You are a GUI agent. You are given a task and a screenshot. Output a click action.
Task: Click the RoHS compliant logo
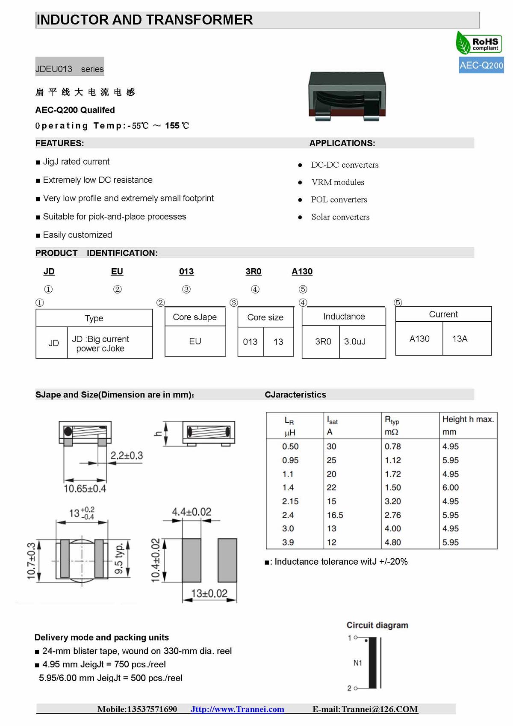point(479,43)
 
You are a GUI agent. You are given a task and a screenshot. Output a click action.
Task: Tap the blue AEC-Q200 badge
point(481,65)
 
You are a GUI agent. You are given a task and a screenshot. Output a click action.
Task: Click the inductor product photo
point(347,95)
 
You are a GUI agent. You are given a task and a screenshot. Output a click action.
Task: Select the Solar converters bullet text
point(340,217)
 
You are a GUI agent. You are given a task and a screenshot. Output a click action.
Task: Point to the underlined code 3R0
point(254,271)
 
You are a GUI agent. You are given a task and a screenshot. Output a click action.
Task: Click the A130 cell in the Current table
point(419,339)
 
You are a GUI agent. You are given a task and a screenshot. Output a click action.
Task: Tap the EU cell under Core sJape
point(195,341)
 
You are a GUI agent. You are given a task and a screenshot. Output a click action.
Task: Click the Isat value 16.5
point(335,515)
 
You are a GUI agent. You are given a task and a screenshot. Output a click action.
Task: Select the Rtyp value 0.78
point(392,446)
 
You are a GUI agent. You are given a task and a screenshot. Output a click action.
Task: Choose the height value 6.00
point(451,487)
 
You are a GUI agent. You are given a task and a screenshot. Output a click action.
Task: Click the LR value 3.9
point(288,542)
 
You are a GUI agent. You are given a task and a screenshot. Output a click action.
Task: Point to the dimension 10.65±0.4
point(85,489)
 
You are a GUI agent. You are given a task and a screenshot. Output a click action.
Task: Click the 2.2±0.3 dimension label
point(127,456)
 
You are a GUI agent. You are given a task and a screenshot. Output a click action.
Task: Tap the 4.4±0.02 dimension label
point(192,512)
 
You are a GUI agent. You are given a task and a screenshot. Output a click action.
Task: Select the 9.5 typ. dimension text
point(119,558)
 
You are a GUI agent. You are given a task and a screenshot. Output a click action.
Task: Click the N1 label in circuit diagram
point(358,663)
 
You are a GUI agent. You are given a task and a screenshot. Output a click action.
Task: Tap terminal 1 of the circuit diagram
point(355,638)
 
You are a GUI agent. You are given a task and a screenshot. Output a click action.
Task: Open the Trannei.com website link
point(237,709)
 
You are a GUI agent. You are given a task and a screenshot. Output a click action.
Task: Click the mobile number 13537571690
point(152,709)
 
